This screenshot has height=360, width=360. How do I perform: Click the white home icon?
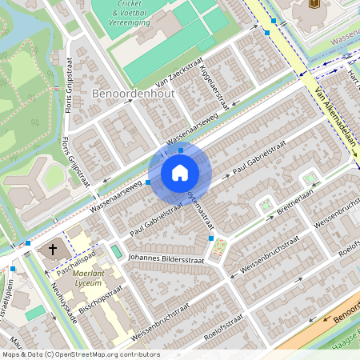[x=180, y=173]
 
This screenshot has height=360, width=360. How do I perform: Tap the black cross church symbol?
[x=54, y=250]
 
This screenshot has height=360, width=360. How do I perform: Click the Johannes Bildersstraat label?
[x=166, y=258]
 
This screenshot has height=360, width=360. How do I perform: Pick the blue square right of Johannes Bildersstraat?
[x=211, y=238]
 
